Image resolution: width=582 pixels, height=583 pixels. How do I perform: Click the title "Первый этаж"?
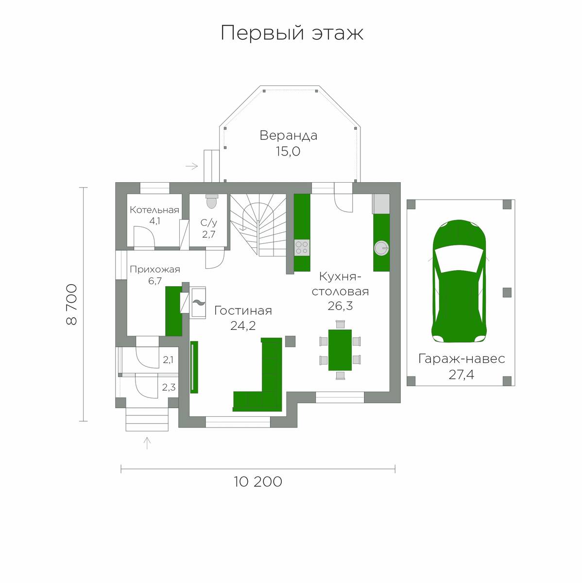(292, 33)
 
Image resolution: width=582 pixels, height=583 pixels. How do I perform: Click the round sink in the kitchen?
(381, 248)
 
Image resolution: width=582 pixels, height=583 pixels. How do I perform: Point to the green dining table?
(340, 350)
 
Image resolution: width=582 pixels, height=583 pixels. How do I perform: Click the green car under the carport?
(459, 281)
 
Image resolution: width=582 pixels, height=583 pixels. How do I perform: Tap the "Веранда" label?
(289, 136)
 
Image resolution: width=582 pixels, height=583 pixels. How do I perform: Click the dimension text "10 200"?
(258, 481)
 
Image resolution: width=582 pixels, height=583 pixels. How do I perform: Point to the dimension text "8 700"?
(71, 304)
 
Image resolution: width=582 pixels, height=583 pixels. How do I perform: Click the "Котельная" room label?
(154, 210)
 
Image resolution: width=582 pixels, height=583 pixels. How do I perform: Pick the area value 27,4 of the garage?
(461, 375)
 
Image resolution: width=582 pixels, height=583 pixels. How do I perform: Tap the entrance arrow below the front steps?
(147, 443)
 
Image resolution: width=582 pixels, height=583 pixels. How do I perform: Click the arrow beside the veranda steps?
(191, 166)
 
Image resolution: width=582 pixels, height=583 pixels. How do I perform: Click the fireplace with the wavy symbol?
(198, 303)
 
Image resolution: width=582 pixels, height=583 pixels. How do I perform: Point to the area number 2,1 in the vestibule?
(168, 360)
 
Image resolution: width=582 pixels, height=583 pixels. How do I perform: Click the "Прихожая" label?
(154, 269)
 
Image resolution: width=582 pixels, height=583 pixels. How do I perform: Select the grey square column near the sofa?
(290, 341)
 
